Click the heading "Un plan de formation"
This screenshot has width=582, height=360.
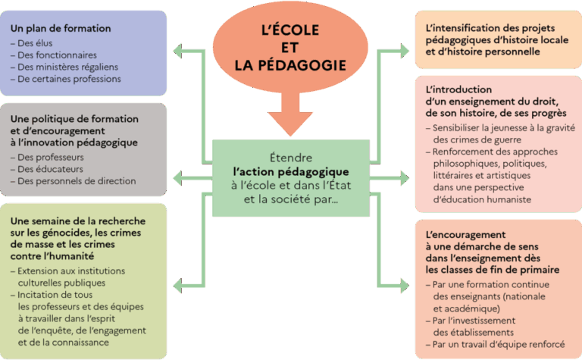tap(61, 29)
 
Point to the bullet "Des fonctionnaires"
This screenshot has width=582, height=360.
tap(58, 55)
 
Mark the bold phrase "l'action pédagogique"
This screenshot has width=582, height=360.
tap(290, 172)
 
